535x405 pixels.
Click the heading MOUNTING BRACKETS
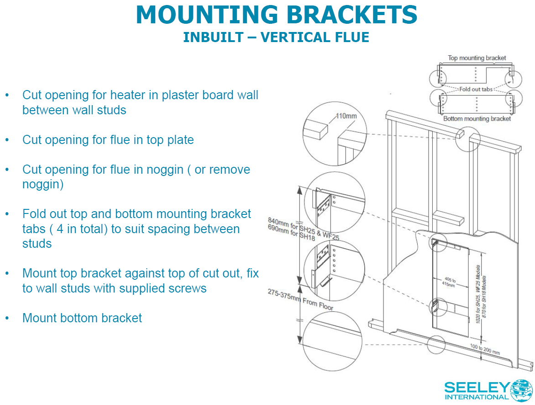click(276, 15)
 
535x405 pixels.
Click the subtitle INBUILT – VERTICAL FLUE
click(276, 37)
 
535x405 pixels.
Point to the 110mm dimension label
click(346, 116)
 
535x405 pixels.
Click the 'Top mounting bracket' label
click(477, 58)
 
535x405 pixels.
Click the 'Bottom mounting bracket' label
click(477, 119)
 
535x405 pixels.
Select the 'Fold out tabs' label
click(476, 89)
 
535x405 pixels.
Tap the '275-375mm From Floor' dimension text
click(300, 299)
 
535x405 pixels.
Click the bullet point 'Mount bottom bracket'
click(82, 318)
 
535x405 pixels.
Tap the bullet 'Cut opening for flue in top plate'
click(108, 140)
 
